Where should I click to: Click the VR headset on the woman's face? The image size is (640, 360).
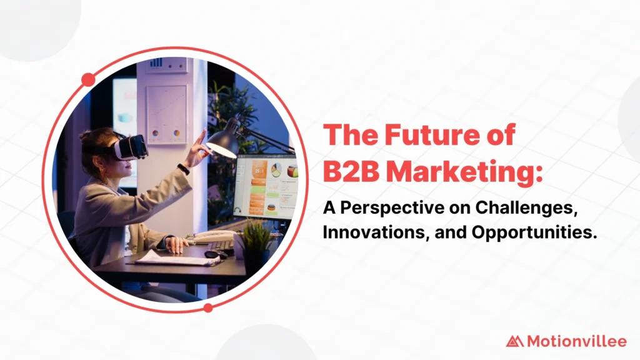pos(130,147)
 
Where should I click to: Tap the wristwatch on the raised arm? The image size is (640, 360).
pos(183,169)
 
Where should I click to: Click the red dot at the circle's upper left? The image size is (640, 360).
pos(88,79)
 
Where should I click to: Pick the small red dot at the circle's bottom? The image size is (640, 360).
pos(208,307)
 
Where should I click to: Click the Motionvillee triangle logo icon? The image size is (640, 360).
pos(514,341)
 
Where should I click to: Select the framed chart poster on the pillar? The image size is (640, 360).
pos(166,113)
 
